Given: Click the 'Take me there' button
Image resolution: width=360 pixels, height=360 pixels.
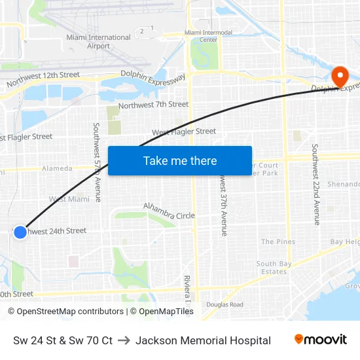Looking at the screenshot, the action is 180,160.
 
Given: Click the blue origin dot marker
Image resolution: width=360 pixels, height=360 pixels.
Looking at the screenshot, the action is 20,232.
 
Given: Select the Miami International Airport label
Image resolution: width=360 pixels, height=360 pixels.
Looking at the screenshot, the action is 98,42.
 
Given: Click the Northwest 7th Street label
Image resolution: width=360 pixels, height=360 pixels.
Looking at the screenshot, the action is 153,105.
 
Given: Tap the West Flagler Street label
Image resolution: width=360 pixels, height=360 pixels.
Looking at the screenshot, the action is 184,132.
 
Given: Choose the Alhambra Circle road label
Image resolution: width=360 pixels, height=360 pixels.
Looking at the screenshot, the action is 169,211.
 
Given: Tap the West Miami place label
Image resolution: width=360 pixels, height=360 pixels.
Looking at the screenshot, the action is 69,199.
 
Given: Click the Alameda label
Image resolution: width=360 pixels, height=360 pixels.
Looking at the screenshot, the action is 57,168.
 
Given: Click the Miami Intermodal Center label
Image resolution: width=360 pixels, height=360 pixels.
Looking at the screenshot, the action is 208,36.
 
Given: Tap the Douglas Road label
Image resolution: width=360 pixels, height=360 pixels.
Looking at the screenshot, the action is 225,304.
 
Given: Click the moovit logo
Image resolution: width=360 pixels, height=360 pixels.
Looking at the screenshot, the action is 320,340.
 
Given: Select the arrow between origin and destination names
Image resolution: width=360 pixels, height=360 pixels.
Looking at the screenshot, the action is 124,340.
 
